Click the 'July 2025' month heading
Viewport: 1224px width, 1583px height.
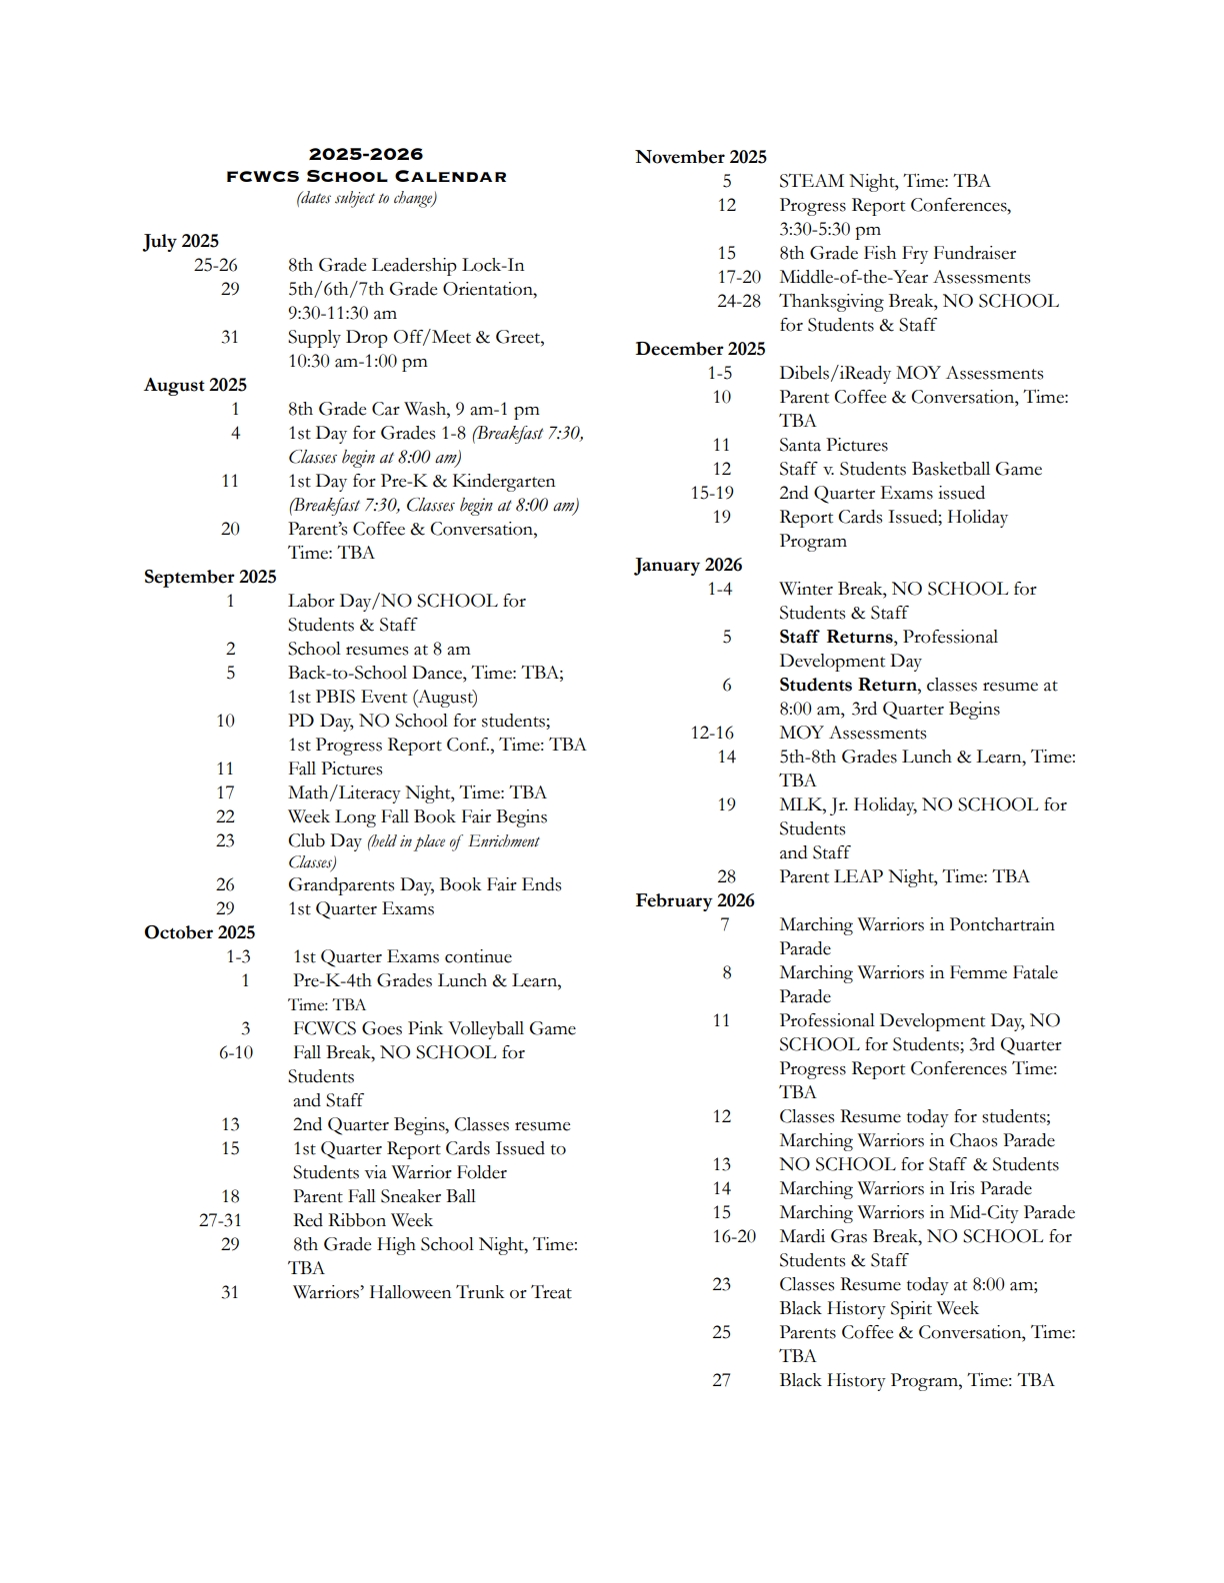pos(181,241)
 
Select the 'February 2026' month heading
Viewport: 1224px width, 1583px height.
pos(695,900)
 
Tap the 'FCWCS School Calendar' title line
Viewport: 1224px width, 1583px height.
pos(366,177)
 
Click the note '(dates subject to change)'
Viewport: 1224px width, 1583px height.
pos(366,198)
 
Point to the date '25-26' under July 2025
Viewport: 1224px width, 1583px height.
pos(216,265)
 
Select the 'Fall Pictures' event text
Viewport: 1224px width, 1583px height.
pos(335,769)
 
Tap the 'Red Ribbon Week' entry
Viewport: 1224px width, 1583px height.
pos(362,1220)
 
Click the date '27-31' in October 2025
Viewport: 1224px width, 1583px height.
pos(220,1220)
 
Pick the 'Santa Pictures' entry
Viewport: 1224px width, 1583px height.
pos(833,445)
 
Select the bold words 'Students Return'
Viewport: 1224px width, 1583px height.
pos(847,685)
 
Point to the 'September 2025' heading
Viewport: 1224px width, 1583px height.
pos(210,577)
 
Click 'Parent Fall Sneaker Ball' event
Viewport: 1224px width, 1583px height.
pos(384,1196)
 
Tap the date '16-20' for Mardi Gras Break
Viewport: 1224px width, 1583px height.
pos(734,1236)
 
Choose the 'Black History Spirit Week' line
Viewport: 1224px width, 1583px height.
pos(879,1308)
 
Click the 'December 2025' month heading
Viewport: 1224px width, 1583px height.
pos(700,349)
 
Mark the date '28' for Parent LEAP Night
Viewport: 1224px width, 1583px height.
pos(726,876)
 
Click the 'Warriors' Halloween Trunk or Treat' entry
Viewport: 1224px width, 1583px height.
pos(432,1292)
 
